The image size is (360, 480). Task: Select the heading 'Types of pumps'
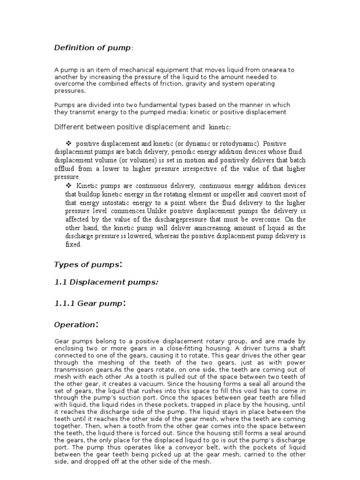[x=88, y=265]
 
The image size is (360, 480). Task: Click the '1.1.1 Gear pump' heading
[x=89, y=304]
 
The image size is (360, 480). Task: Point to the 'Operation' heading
[x=75, y=324]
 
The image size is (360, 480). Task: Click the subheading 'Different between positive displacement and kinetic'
[x=142, y=127]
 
